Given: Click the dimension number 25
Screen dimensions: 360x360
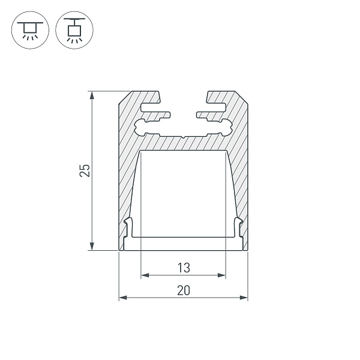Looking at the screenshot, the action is (x=85, y=170).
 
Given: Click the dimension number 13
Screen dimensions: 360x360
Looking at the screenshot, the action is (x=184, y=268).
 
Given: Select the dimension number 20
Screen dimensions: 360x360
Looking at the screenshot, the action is (x=184, y=290).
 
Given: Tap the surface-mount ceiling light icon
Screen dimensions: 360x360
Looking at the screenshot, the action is (x=30, y=30).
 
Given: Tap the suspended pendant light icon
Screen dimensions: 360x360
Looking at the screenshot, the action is (x=74, y=30).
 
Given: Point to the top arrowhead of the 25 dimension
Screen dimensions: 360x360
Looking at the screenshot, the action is (x=92, y=95).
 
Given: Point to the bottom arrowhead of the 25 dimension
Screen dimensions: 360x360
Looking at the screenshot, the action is (x=92, y=246).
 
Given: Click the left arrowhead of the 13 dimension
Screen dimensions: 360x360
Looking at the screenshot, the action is (x=145, y=275).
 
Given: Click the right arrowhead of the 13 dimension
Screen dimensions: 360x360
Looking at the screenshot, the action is (x=222, y=275).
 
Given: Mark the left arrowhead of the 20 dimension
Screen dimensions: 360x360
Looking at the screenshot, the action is (x=123, y=298).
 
